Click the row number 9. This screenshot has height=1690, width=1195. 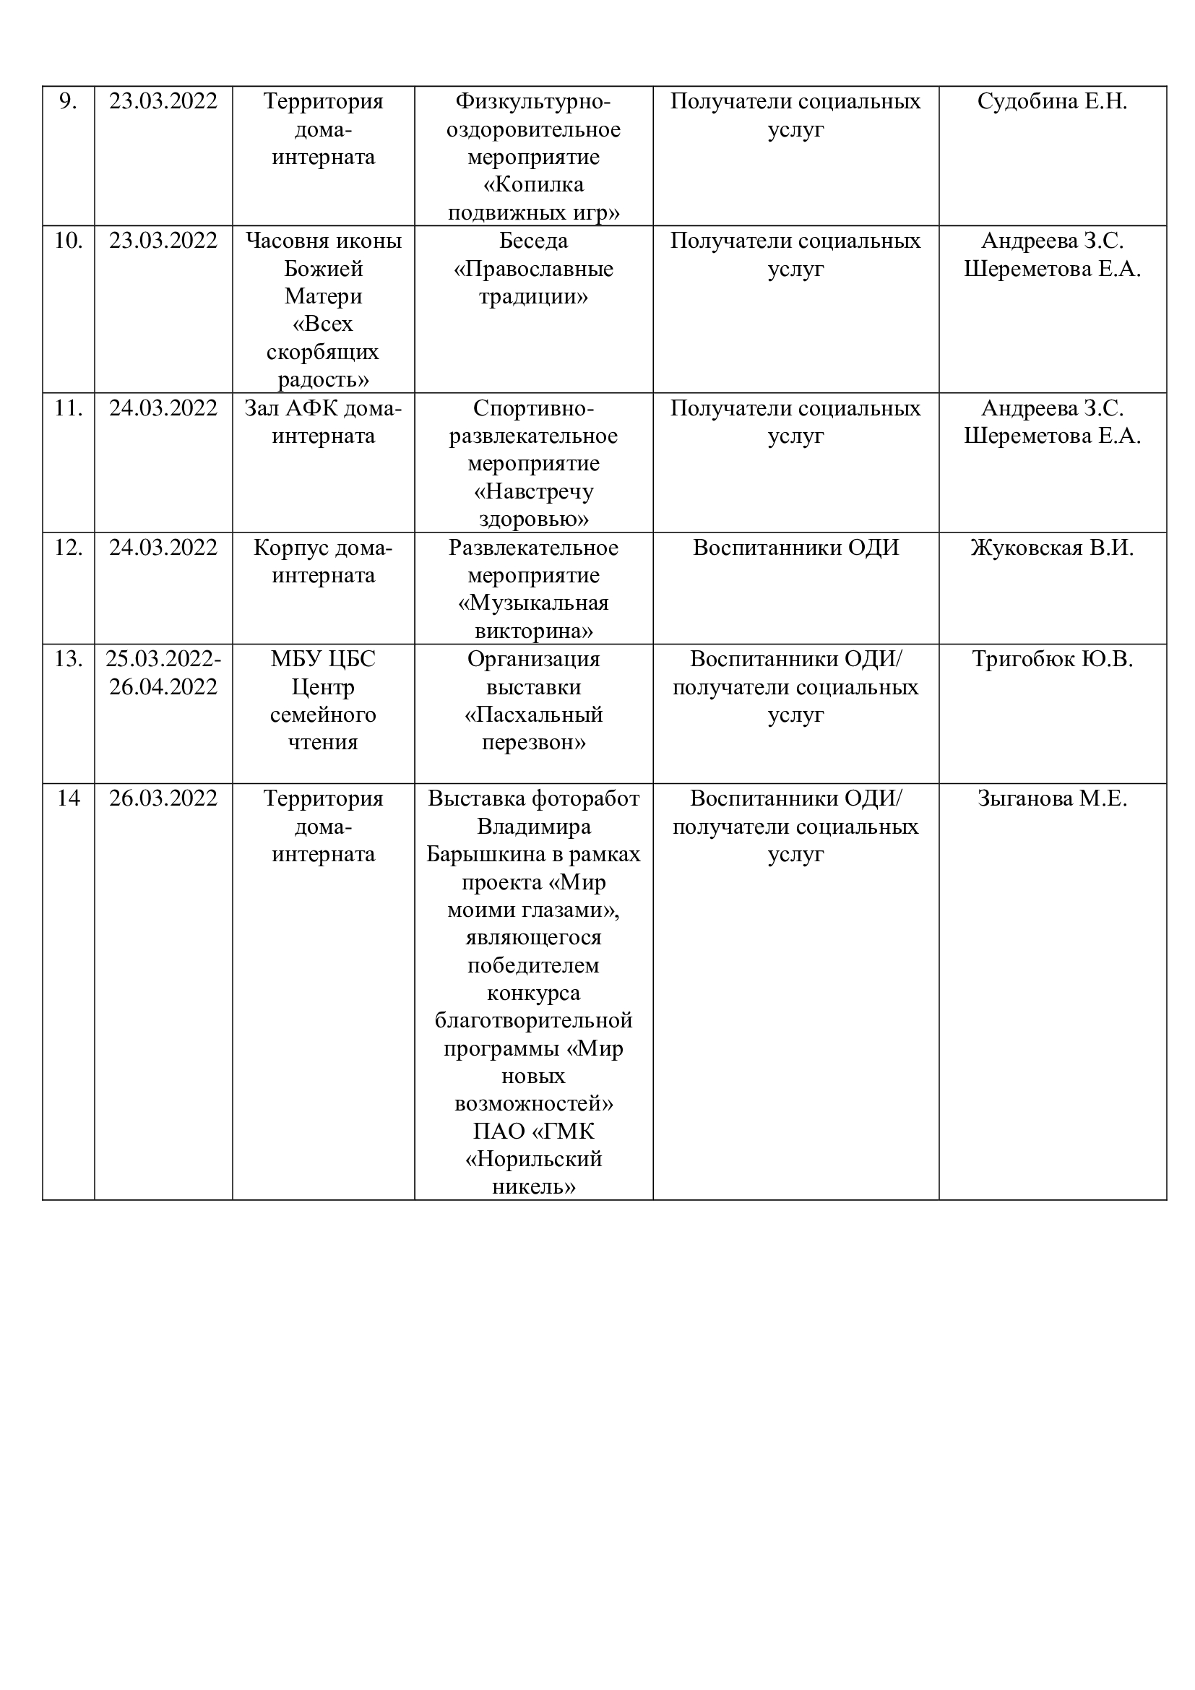(68, 102)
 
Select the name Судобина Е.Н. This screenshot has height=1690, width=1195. (1051, 102)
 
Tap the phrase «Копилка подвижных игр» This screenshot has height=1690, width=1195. (533, 199)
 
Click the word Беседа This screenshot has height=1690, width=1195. (533, 241)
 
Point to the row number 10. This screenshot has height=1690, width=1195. (68, 241)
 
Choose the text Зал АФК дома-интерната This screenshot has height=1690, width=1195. (323, 422)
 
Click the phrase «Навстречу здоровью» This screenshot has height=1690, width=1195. (533, 505)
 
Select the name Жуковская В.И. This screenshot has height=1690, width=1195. (1051, 548)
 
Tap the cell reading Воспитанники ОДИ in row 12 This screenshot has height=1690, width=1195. (795, 548)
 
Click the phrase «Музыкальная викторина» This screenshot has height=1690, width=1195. (533, 617)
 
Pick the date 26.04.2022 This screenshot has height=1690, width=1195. (163, 686)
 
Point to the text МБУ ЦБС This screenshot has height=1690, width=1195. (323, 659)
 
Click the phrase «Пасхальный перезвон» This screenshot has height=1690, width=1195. (533, 728)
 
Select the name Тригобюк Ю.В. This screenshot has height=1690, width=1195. (1051, 659)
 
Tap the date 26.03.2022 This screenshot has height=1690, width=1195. (163, 798)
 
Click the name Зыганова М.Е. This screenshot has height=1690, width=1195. (1051, 798)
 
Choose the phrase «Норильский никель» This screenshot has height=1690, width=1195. (533, 1173)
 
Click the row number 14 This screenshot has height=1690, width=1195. (68, 798)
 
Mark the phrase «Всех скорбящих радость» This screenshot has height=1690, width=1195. (323, 352)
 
